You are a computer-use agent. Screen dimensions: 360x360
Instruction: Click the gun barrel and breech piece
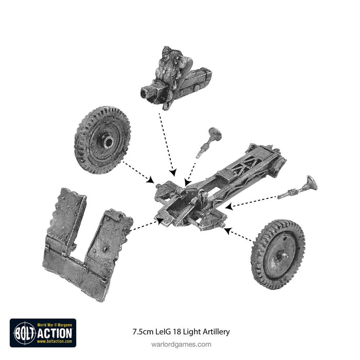(x=175, y=77)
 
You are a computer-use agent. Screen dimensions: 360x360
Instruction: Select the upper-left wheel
(x=102, y=139)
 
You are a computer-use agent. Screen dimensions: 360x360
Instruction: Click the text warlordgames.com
(x=179, y=344)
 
